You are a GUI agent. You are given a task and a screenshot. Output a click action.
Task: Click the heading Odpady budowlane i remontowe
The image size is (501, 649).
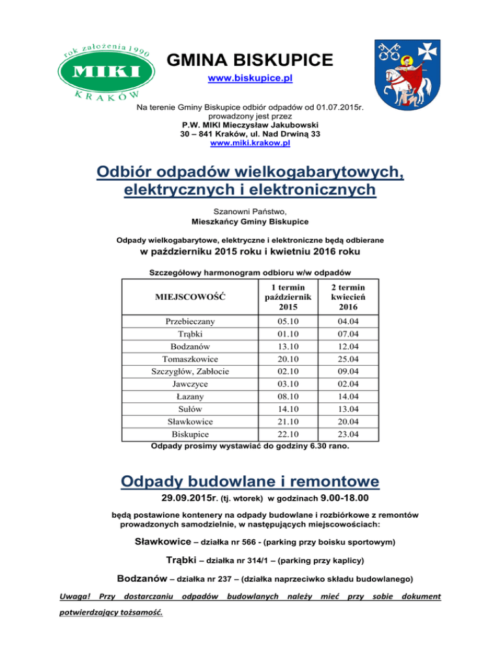[x=250, y=482]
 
